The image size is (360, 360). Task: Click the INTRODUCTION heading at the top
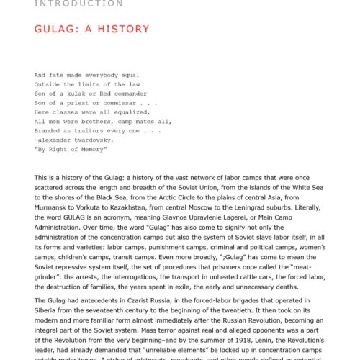[78, 4]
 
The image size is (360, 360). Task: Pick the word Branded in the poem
[48, 130]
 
